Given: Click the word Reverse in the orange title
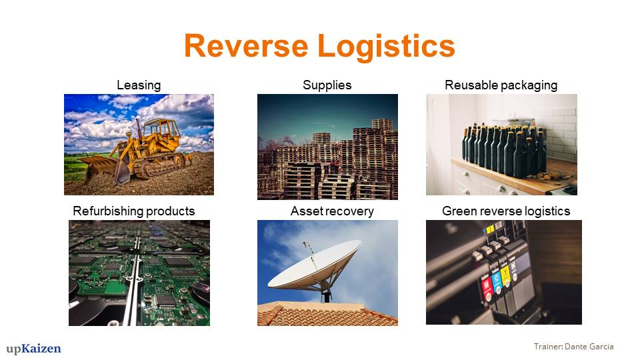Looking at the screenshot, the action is tap(246, 45).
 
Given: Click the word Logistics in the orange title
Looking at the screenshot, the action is tap(386, 47).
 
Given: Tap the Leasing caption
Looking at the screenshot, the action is tap(139, 85).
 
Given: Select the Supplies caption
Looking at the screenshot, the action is tap(327, 85).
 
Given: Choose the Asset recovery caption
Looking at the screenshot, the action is tap(332, 211).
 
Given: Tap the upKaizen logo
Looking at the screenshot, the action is tap(33, 349).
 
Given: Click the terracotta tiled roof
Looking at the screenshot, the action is tap(327, 315).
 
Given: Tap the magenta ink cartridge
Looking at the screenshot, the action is tap(487, 286).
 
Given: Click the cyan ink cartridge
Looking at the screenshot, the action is tap(496, 281).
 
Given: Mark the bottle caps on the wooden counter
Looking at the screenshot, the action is tap(549, 176).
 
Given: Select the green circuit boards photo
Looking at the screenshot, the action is tap(139, 273).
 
